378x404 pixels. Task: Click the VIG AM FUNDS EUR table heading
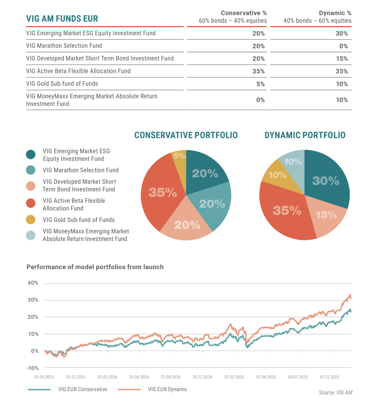tap(62, 19)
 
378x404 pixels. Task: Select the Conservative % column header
tap(244, 13)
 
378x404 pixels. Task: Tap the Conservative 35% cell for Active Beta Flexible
tap(259, 71)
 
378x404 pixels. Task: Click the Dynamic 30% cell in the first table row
tap(341, 33)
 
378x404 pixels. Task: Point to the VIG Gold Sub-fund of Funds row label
tap(62, 84)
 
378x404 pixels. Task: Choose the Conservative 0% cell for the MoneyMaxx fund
tap(260, 100)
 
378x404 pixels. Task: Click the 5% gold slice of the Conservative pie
tap(179, 155)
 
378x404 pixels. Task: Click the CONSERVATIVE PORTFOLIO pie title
tap(186, 135)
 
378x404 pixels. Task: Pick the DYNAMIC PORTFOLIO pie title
tap(305, 135)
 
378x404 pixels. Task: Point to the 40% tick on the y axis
tap(33, 283)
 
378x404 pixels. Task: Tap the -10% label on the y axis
tap(33, 368)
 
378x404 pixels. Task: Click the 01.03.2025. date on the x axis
tap(235, 377)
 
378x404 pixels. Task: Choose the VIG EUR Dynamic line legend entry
tap(167, 389)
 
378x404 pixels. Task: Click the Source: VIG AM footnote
tap(335, 393)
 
